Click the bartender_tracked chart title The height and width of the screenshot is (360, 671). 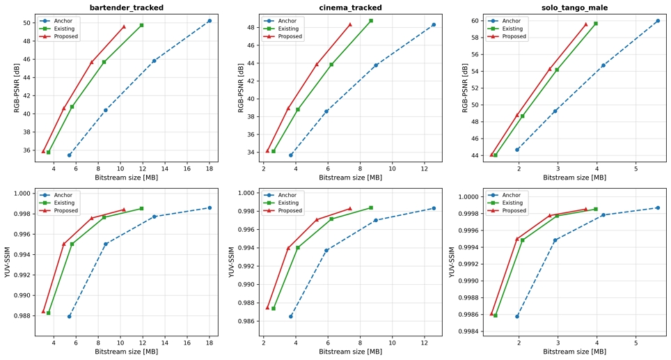click(126, 7)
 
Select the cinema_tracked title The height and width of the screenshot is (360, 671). click(351, 7)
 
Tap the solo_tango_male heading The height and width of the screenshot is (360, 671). click(574, 7)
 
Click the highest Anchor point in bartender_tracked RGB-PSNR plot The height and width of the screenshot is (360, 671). click(210, 21)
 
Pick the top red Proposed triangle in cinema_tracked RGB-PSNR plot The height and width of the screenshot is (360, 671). click(349, 24)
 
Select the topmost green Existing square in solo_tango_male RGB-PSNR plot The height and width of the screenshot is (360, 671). click(595, 24)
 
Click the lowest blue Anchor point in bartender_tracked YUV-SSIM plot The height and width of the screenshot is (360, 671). click(70, 316)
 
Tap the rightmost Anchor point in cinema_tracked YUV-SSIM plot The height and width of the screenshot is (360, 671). click(434, 208)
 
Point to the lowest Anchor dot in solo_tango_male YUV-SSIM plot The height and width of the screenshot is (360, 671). click(517, 316)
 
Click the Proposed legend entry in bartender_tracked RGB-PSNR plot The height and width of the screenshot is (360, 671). click(59, 36)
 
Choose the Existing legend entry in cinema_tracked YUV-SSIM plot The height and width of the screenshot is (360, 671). click(283, 203)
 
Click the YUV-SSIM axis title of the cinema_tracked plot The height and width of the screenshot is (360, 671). click(232, 262)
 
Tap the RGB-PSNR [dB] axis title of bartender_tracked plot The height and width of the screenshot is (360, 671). click(17, 88)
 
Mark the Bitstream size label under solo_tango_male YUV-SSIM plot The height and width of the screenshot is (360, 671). click(574, 352)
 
